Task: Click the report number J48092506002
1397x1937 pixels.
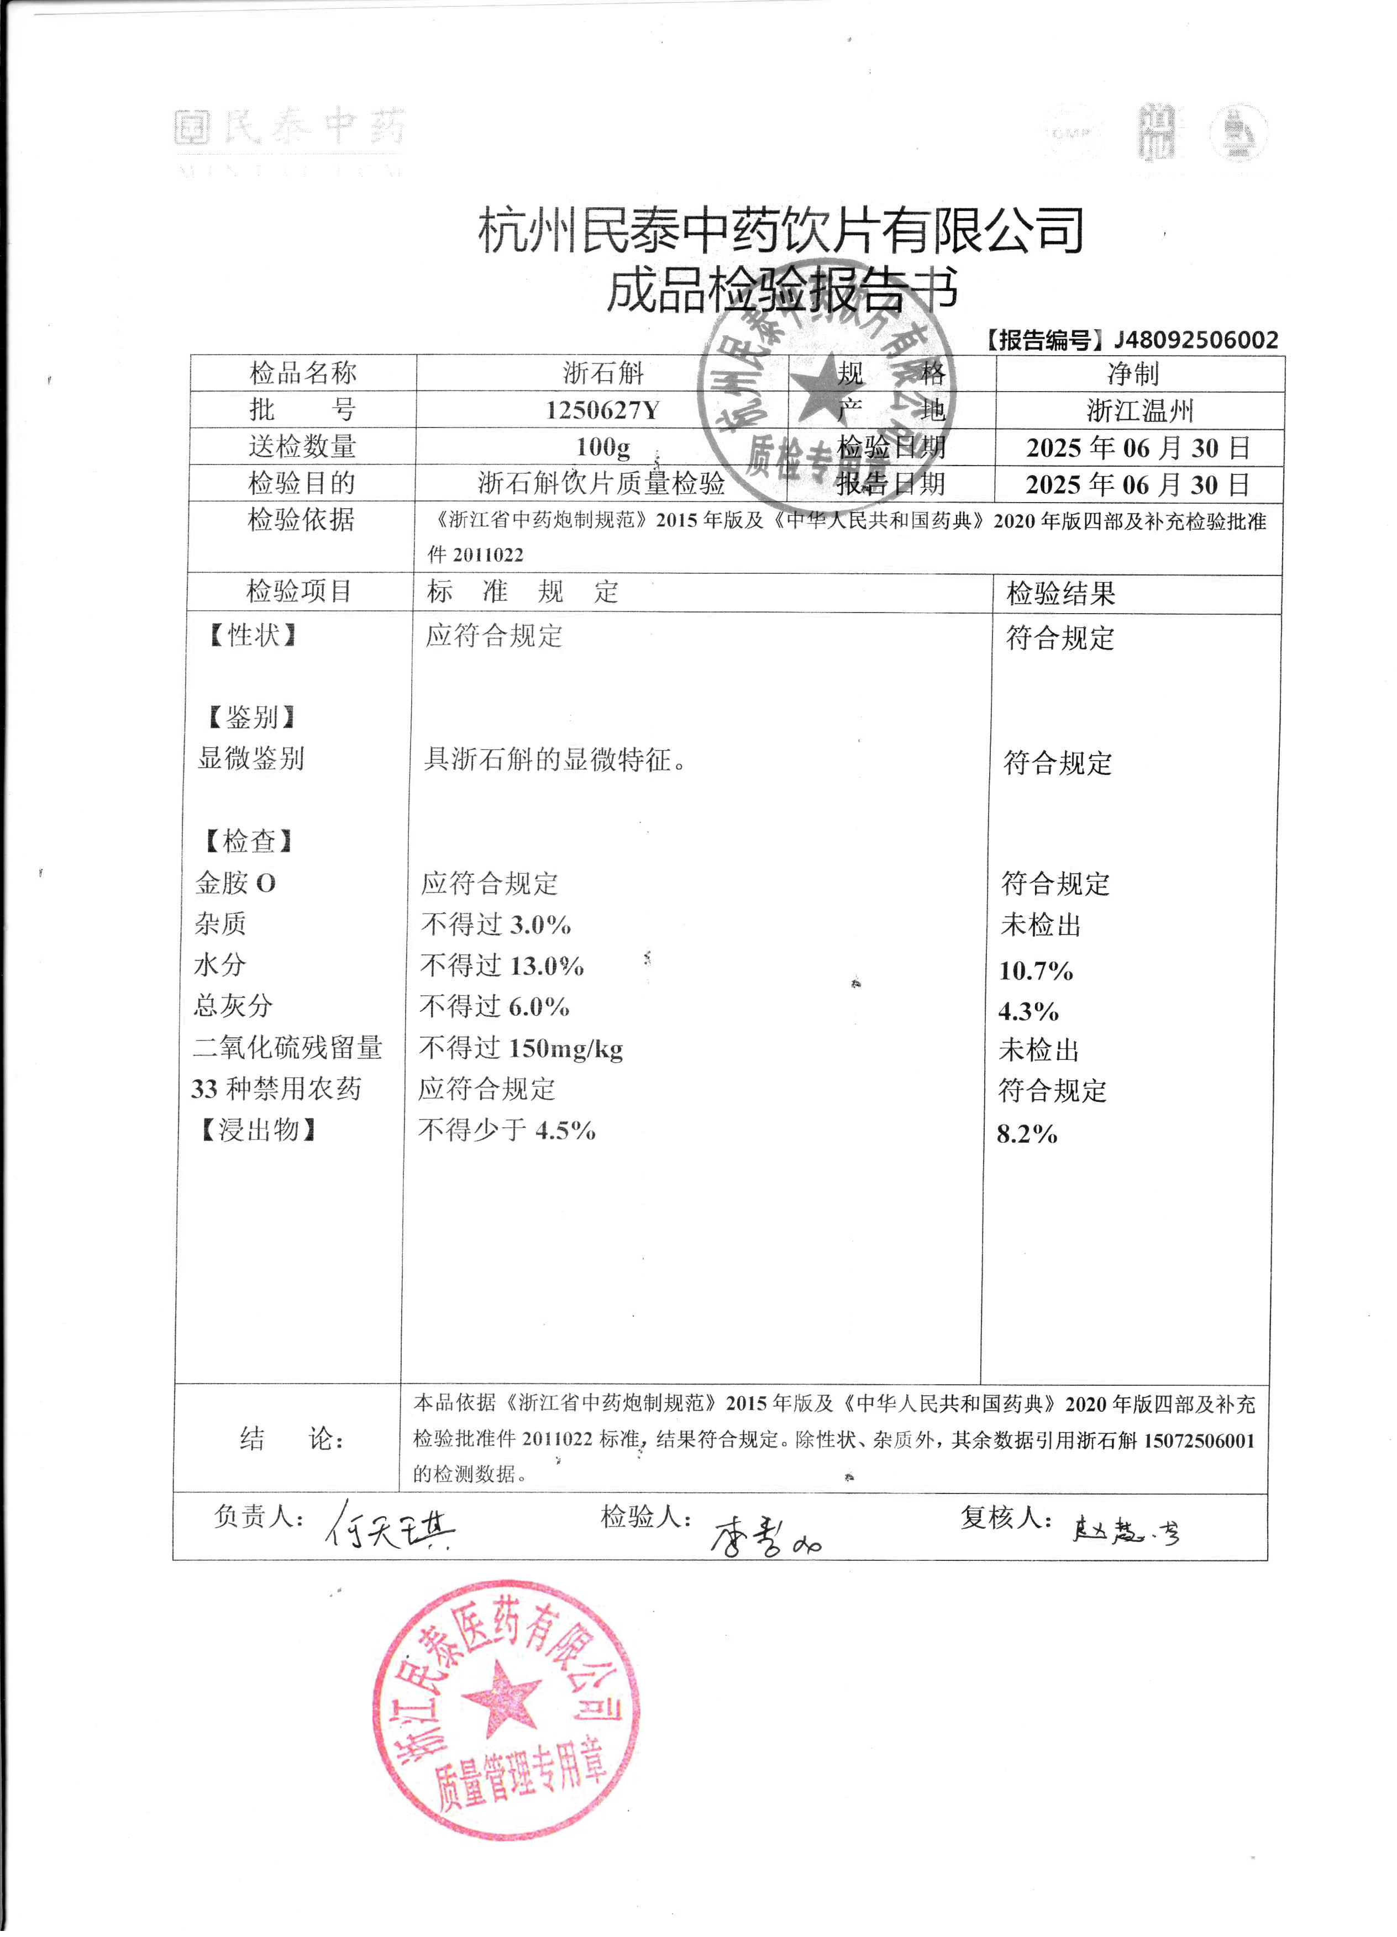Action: (x=1195, y=340)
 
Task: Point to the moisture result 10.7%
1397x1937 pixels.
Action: (x=1036, y=970)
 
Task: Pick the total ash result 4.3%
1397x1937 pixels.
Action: (x=1029, y=1011)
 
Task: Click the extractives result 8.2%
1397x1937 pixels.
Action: (x=1027, y=1134)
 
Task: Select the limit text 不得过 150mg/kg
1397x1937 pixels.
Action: (x=521, y=1048)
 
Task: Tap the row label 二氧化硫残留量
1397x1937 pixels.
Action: (x=287, y=1048)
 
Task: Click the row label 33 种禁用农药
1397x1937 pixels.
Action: (x=276, y=1089)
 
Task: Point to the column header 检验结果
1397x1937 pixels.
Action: (x=1060, y=594)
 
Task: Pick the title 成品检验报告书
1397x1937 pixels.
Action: (x=782, y=291)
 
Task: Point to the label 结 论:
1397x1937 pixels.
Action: (x=291, y=1439)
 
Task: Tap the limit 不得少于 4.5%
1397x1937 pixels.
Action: (x=507, y=1131)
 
